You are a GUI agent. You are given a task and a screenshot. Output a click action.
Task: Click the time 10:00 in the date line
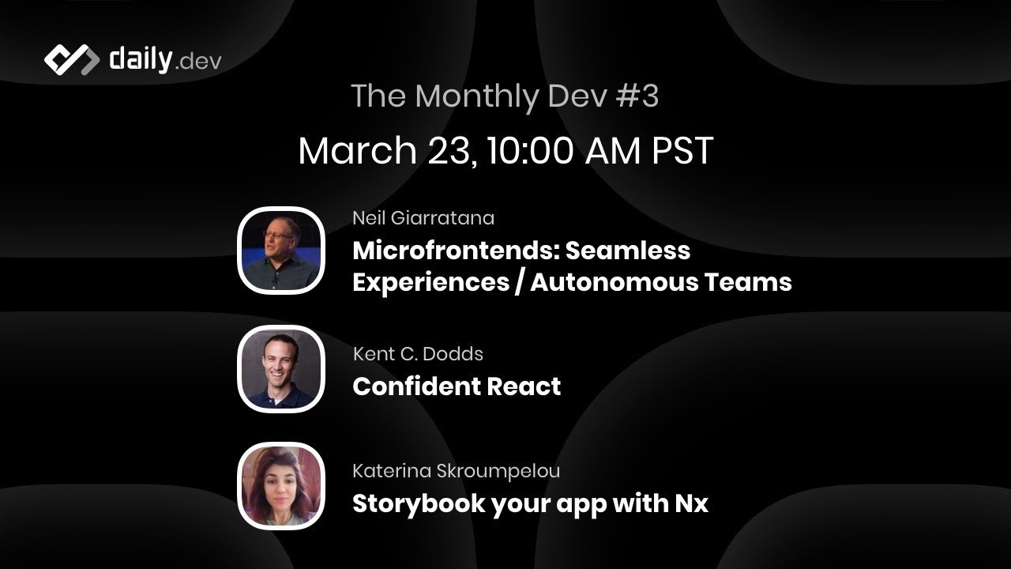click(529, 150)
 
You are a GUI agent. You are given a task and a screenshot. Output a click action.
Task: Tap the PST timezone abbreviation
click(682, 150)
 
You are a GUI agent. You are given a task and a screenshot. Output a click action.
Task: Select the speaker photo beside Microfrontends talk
click(281, 251)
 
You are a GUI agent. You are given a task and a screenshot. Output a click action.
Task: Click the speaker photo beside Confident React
click(281, 369)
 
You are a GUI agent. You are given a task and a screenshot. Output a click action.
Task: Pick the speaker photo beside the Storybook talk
click(281, 486)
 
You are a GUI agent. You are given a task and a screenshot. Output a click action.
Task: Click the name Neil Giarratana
click(423, 217)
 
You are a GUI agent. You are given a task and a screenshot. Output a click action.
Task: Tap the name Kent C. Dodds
click(418, 353)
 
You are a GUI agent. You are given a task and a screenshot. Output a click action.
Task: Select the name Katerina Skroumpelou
click(456, 471)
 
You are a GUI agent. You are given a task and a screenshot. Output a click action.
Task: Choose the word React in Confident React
click(524, 386)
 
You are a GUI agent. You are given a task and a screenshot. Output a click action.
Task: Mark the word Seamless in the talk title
click(628, 251)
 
